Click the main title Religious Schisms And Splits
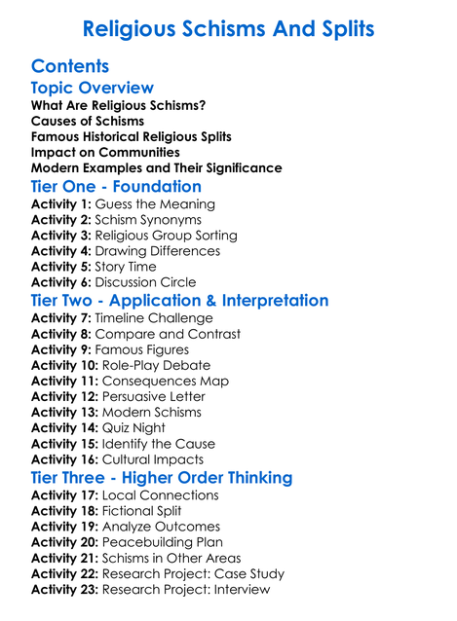[x=228, y=28]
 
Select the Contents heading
[x=70, y=66]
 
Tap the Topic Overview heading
[x=93, y=89]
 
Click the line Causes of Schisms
[x=88, y=121]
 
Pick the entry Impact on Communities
[x=105, y=152]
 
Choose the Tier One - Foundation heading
[x=116, y=186]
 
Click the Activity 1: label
[x=61, y=204]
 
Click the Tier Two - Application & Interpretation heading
[x=179, y=301]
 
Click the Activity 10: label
[x=65, y=365]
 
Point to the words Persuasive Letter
[x=153, y=396]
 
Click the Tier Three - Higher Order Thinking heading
[x=162, y=478]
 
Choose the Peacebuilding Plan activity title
[x=162, y=542]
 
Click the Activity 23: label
[x=65, y=589]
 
